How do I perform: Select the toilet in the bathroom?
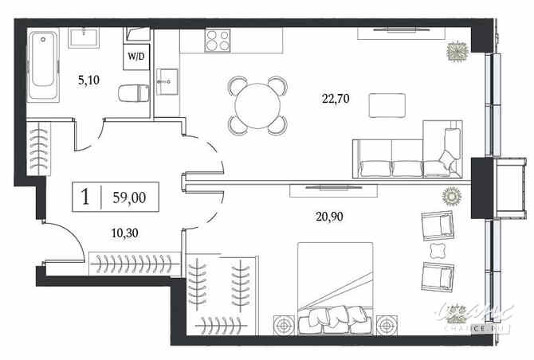click(132, 94)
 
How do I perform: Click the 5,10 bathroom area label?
click(88, 80)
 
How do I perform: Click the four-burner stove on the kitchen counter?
click(217, 40)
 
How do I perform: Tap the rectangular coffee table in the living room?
click(385, 104)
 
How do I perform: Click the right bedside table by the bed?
click(387, 324)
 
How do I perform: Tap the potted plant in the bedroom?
click(451, 195)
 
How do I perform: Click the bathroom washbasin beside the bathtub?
click(83, 37)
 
